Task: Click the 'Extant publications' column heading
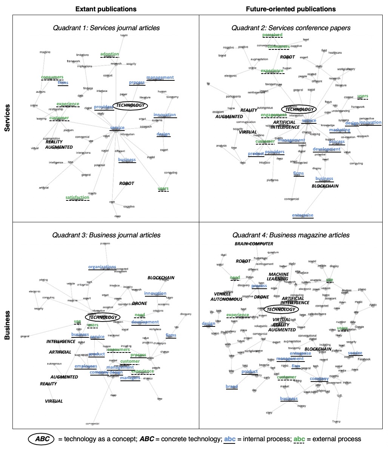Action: [x=106, y=9]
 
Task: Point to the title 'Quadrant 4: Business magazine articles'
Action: [x=291, y=235]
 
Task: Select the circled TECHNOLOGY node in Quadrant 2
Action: [x=299, y=109]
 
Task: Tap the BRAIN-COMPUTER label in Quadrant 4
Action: [x=254, y=244]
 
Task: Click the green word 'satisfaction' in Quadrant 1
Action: [x=77, y=197]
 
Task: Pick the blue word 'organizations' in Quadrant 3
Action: [x=102, y=267]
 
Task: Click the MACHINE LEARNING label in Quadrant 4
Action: [x=279, y=277]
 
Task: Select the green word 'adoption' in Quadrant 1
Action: [x=109, y=54]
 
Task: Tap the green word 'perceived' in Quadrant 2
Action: [x=272, y=35]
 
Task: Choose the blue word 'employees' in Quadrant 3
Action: [x=86, y=366]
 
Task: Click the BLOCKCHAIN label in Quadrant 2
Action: [x=325, y=186]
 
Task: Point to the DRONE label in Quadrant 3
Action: [x=139, y=303]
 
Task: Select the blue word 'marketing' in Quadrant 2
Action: [x=340, y=130]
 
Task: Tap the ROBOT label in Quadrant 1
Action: [x=126, y=184]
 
